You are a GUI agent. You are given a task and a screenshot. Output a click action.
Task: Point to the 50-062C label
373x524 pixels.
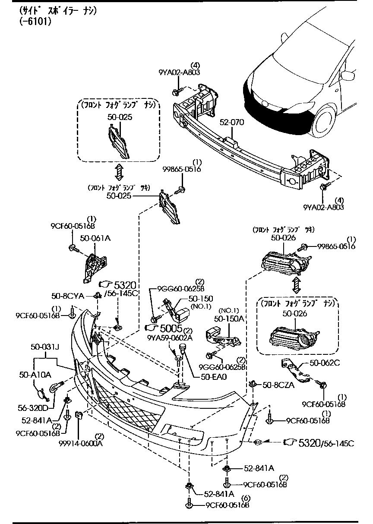click(x=325, y=363)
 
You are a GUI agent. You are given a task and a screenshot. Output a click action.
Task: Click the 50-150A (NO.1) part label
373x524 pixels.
click(x=229, y=318)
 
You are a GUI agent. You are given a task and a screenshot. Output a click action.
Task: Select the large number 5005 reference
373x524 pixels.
click(x=172, y=329)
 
